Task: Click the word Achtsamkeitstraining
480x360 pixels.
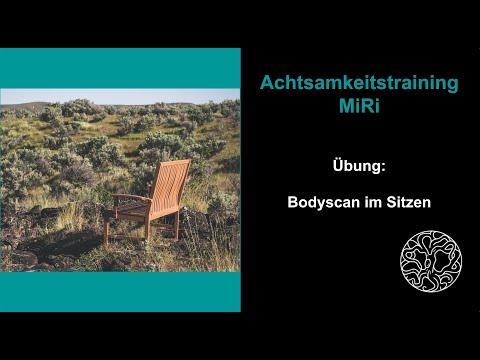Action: click(359, 84)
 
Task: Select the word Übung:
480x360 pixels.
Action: click(359, 164)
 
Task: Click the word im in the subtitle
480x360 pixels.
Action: click(372, 200)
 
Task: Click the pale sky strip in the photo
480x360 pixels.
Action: click(120, 96)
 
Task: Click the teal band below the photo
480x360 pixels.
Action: click(120, 291)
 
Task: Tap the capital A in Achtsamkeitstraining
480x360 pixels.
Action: click(267, 84)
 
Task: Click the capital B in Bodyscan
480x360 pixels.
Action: click(292, 200)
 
